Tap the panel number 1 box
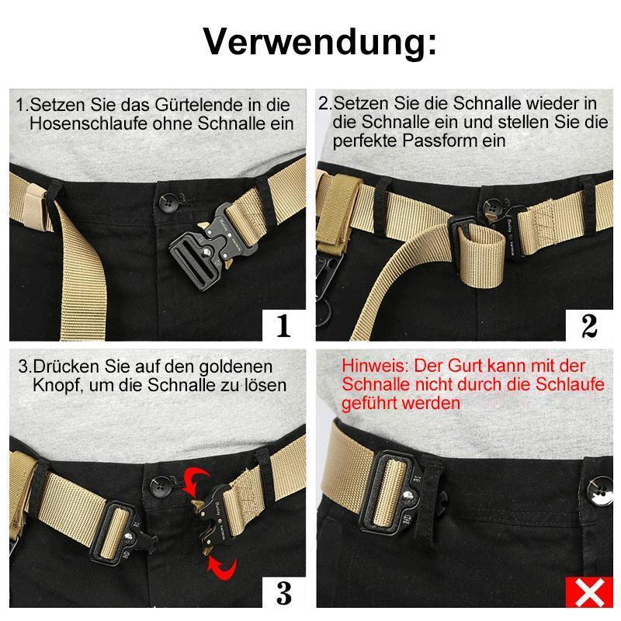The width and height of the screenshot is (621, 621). (x=284, y=325)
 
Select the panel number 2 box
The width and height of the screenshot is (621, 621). (x=589, y=325)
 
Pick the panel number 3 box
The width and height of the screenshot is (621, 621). (x=284, y=592)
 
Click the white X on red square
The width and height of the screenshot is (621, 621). (x=589, y=592)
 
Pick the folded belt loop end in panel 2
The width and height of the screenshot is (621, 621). (x=480, y=258)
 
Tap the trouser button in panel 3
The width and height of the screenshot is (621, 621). (x=160, y=487)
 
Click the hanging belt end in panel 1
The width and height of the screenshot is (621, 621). (x=82, y=273)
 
